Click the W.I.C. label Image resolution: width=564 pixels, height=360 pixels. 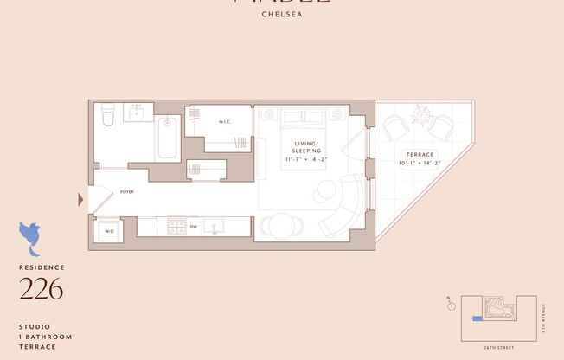(223, 121)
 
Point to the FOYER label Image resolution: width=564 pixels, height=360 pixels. (127, 192)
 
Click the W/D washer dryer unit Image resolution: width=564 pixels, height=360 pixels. (110, 231)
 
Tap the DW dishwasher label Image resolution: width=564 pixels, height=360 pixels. (193, 227)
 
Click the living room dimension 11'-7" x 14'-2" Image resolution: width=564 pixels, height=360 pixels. (306, 160)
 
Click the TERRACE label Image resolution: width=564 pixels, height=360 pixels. (420, 154)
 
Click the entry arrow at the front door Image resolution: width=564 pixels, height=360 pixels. (81, 200)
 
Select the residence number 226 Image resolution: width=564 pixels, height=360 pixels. (42, 289)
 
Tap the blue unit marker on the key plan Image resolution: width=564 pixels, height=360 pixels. (475, 318)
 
